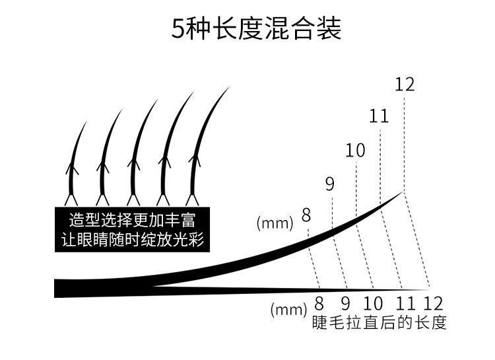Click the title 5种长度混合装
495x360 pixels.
click(x=257, y=29)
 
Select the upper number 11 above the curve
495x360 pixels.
click(x=379, y=116)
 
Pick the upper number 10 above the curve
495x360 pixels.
click(x=355, y=151)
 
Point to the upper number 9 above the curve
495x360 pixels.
click(x=330, y=184)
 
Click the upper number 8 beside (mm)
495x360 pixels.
click(x=306, y=215)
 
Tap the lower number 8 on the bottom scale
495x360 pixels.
click(x=319, y=305)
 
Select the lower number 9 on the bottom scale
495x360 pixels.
click(x=345, y=305)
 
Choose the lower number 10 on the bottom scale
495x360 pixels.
click(x=373, y=305)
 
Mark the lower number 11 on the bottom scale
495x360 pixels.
click(x=405, y=305)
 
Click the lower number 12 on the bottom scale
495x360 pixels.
click(x=432, y=305)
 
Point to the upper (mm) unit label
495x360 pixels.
click(x=275, y=223)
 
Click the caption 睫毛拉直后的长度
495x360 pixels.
click(x=379, y=323)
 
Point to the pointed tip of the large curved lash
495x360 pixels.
click(x=402, y=192)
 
